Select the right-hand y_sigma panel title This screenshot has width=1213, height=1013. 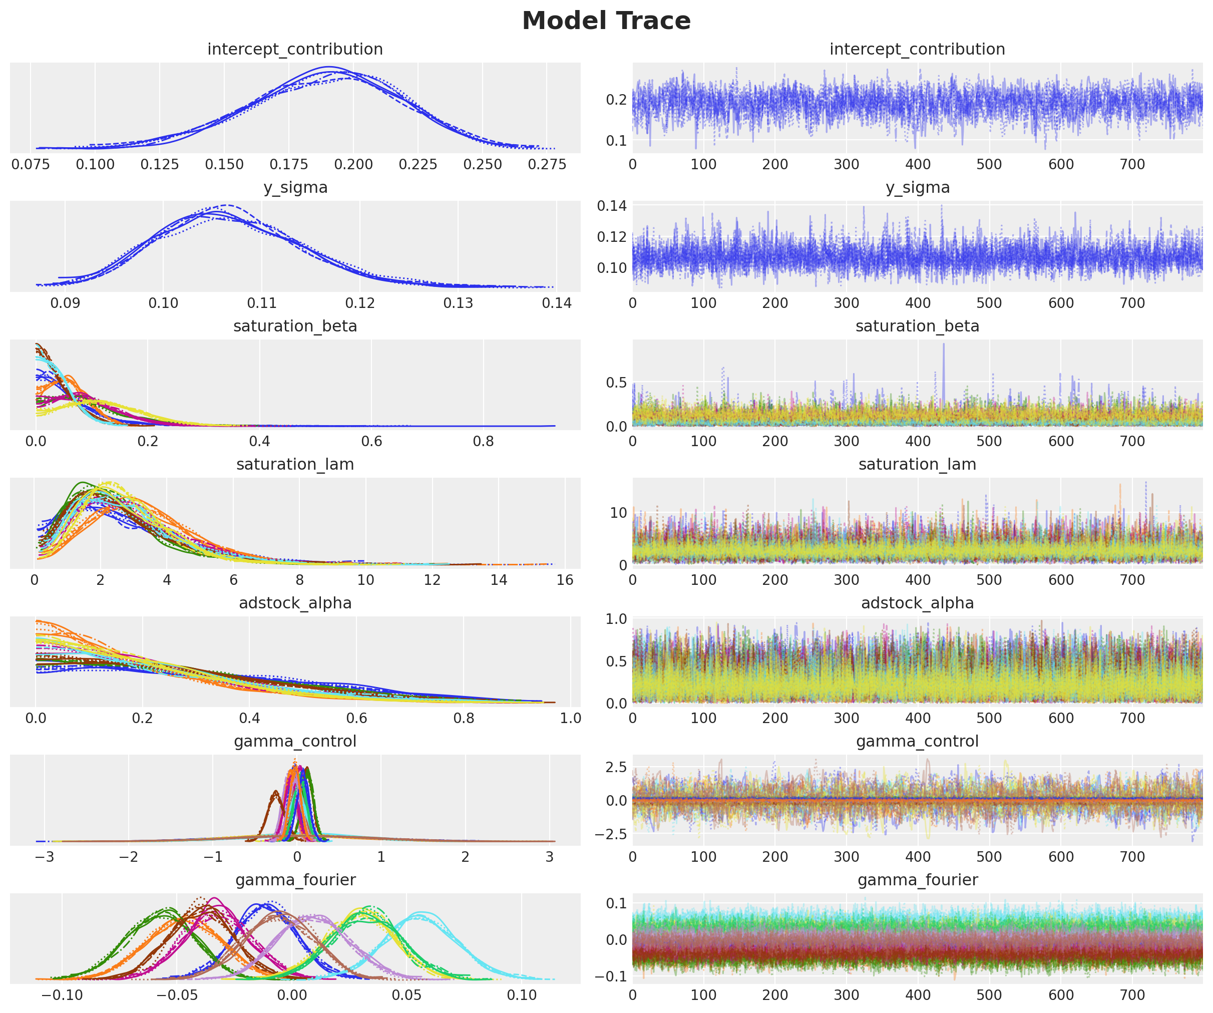[917, 188]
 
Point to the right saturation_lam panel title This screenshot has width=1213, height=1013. [917, 465]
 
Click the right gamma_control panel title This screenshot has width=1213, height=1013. [917, 742]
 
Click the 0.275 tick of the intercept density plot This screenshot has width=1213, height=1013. [547, 165]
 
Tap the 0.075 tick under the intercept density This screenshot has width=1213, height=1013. [31, 165]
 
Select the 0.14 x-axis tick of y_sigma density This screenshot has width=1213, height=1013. [556, 303]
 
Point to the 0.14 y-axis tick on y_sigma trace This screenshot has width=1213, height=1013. [612, 206]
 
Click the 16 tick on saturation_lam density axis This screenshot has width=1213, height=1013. [564, 580]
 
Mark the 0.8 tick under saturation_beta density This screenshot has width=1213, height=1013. [483, 442]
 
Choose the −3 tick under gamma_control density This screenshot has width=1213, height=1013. [45, 857]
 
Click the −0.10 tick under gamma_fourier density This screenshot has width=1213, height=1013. [63, 995]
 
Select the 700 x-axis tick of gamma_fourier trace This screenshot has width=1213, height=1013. [1132, 995]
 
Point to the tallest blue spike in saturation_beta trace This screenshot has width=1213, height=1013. [943, 345]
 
